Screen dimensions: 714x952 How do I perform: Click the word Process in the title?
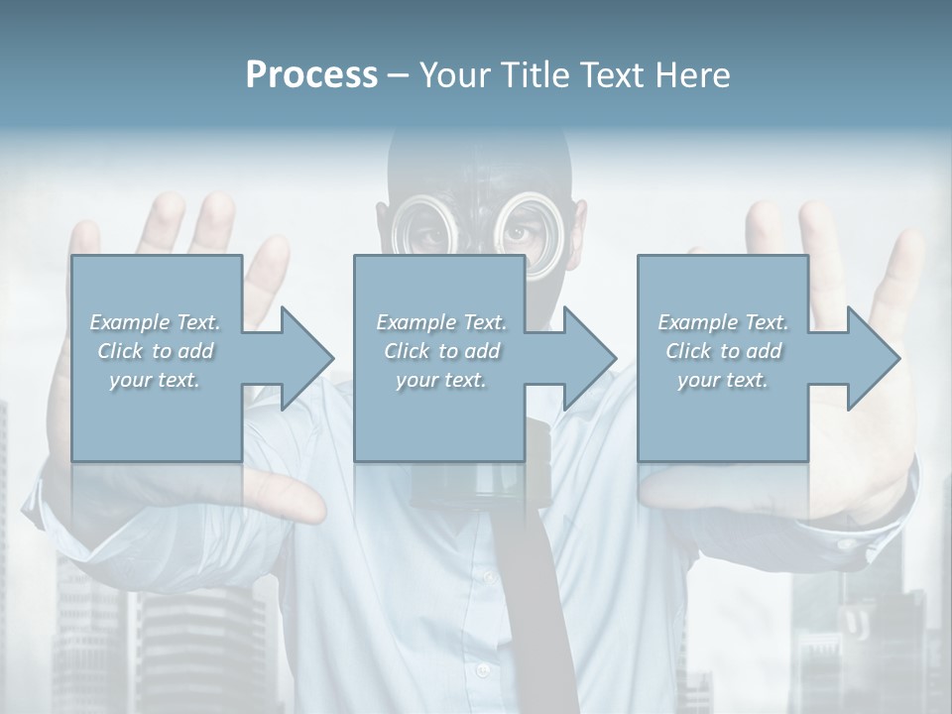(x=311, y=75)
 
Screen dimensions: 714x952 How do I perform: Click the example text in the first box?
(x=156, y=351)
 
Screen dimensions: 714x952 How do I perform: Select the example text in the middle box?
(x=441, y=351)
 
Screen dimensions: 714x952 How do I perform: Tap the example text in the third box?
(x=723, y=351)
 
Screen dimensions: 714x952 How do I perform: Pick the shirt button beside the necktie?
(x=486, y=575)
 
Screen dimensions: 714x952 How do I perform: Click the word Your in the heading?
(x=452, y=75)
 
